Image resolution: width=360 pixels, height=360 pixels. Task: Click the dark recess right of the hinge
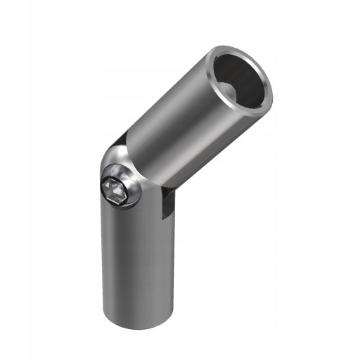tap(166, 205)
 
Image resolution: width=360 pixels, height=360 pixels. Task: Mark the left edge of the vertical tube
tap(103, 267)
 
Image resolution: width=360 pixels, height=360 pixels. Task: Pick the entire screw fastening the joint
tap(119, 188)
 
